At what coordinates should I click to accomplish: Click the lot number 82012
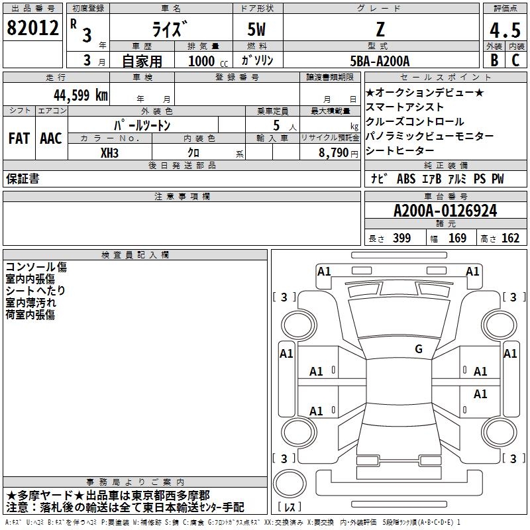click(32, 28)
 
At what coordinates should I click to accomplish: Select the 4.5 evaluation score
click(505, 30)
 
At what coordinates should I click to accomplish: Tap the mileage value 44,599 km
click(81, 95)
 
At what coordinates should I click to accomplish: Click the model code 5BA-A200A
click(380, 61)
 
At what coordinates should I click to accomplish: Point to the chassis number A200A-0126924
click(445, 211)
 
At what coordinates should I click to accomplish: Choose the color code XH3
click(109, 153)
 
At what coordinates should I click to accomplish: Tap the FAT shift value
click(19, 138)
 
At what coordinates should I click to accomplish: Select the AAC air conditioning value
click(51, 138)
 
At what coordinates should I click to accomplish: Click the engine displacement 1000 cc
click(208, 61)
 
